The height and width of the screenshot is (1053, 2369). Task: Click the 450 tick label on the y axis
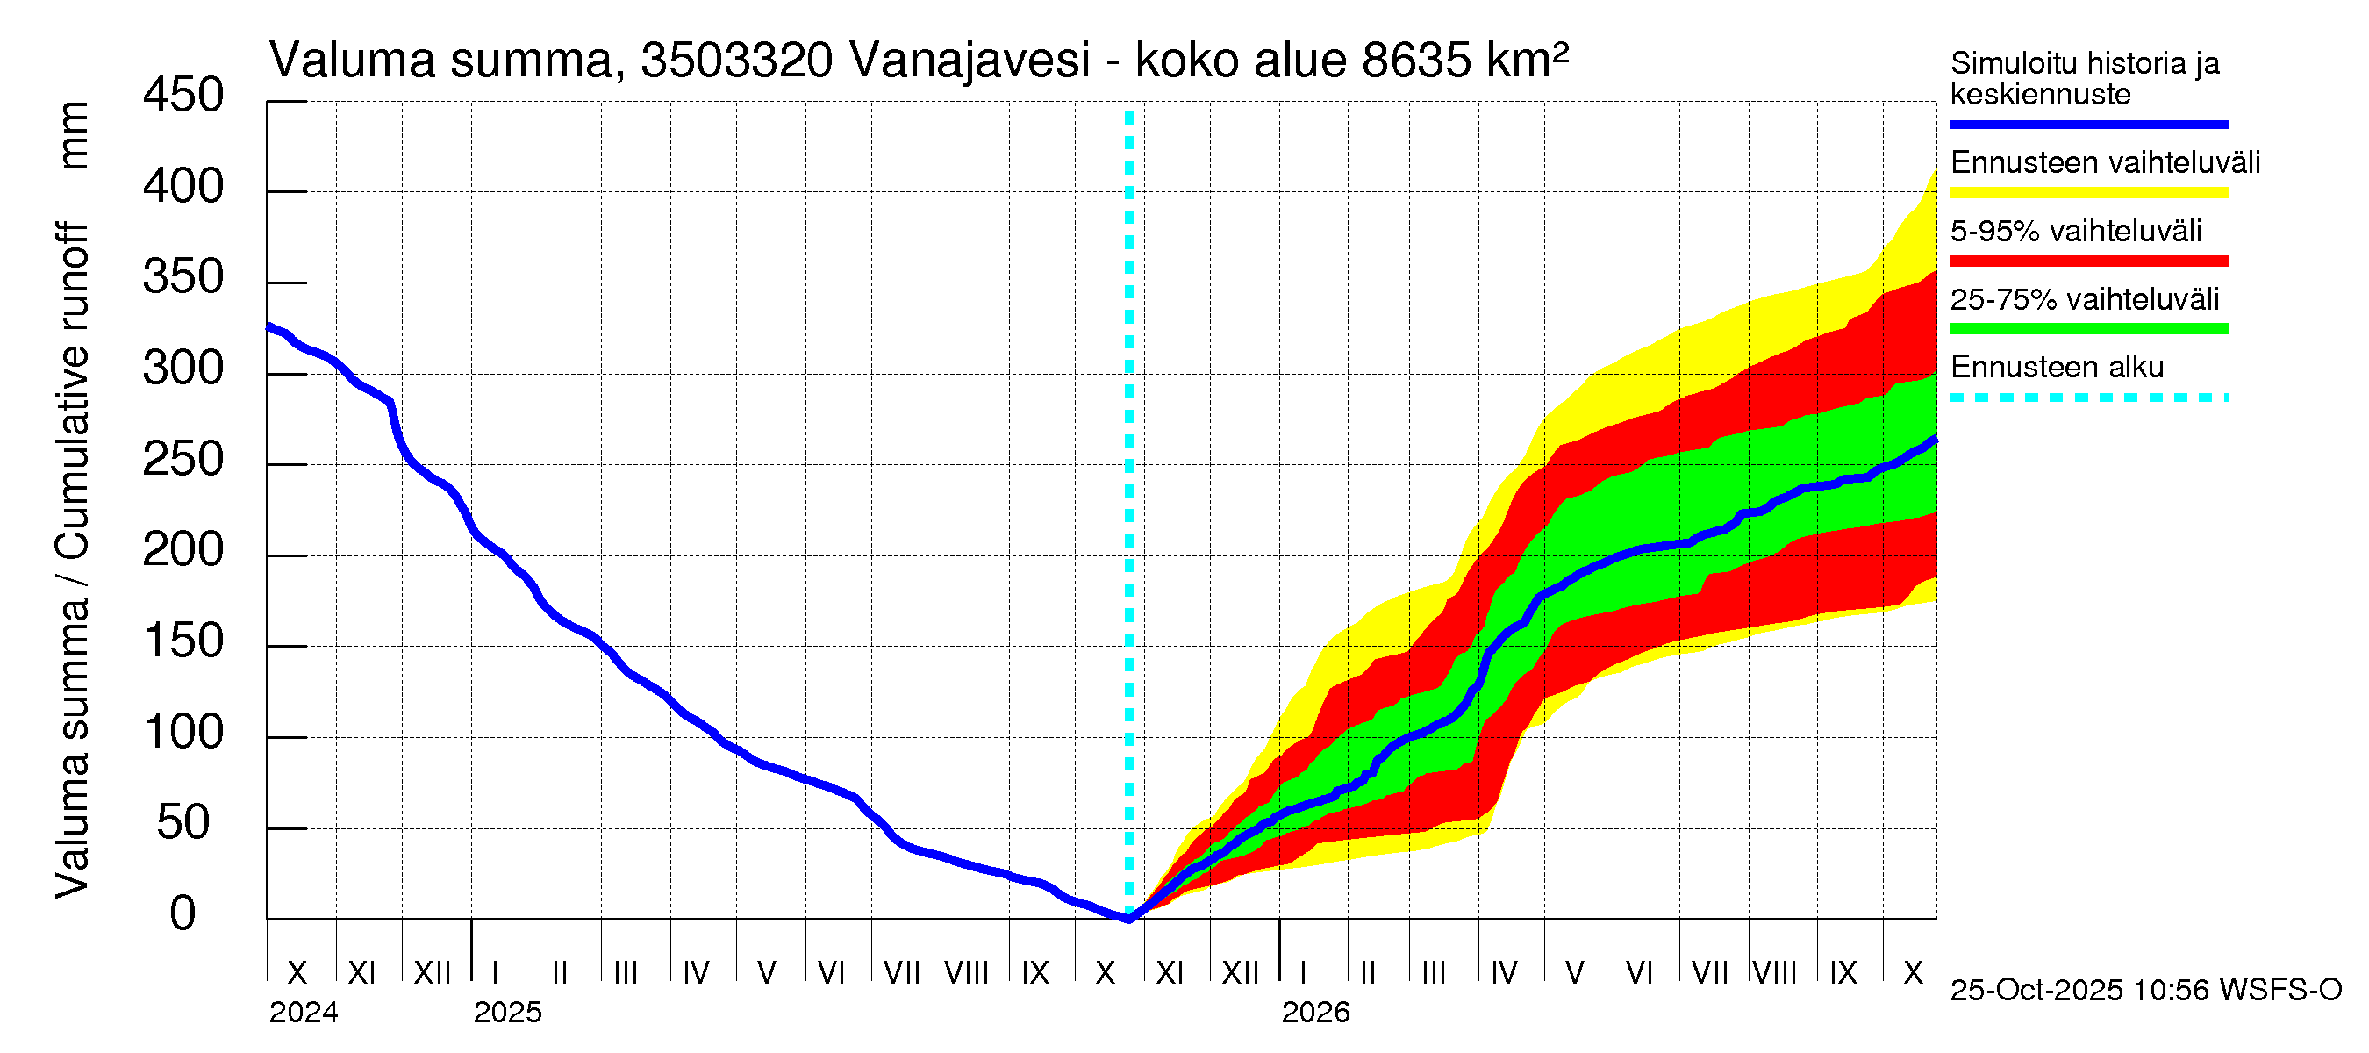(183, 96)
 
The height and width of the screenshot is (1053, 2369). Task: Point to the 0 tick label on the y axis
(183, 913)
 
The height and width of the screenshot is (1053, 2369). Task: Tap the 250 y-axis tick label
(183, 459)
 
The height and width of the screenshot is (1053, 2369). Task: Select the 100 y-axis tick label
(183, 732)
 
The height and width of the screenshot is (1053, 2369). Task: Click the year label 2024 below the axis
(304, 1013)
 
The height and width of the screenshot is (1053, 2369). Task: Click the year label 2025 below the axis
(508, 1013)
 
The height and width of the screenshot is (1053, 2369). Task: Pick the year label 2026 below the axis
(1315, 1013)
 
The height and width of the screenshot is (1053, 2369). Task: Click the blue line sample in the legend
(2088, 124)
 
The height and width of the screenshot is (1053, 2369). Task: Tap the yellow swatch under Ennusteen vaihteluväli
(2088, 193)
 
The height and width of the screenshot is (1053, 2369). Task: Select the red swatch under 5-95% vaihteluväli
(2088, 261)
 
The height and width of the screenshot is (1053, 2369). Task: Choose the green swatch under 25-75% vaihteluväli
(2088, 329)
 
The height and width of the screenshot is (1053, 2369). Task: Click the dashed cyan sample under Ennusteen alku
(2088, 398)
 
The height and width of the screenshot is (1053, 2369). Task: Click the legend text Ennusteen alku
(2057, 367)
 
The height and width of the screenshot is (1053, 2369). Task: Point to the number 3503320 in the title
(737, 61)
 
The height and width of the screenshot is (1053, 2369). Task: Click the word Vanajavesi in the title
(970, 61)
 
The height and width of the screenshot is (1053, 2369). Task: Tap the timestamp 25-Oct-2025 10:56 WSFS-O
(2145, 991)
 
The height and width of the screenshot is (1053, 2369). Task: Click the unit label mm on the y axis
(74, 135)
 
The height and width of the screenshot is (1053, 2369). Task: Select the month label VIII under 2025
(967, 972)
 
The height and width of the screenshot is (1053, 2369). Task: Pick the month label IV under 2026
(1504, 972)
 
